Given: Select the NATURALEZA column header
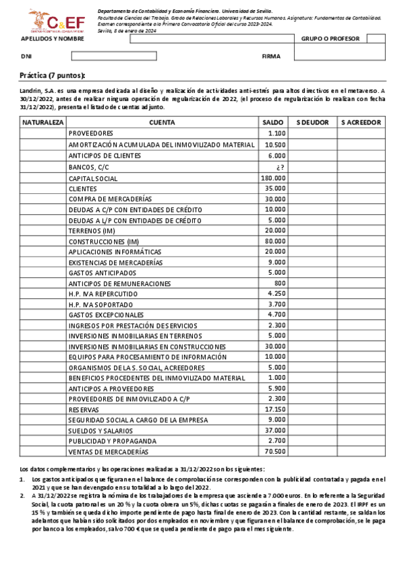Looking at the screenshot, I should click(42, 123).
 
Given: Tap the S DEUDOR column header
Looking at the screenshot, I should click(312, 123).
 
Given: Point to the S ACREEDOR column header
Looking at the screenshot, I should click(361, 123).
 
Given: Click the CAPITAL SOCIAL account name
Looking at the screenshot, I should click(93, 178).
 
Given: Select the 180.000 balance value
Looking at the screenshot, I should click(274, 178).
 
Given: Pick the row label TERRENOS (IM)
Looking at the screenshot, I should click(92, 231).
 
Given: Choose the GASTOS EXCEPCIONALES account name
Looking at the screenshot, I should click(107, 314).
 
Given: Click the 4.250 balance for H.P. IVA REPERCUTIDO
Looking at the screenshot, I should click(277, 294).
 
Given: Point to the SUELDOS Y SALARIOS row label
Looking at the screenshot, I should click(100, 430).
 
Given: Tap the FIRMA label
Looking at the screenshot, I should click(271, 57).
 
